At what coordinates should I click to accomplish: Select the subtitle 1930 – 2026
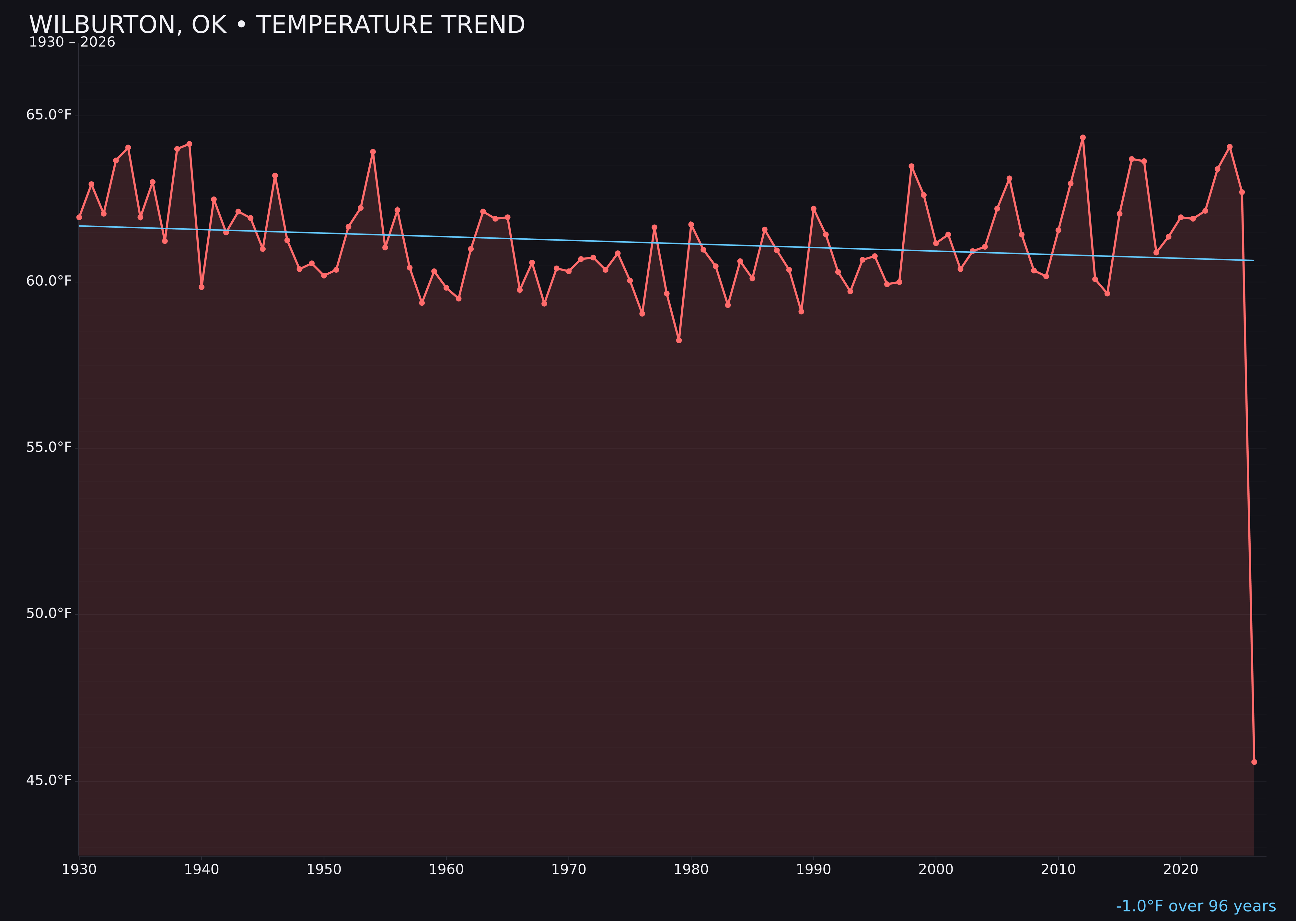tap(72, 42)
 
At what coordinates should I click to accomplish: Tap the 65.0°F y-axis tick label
tap(49, 115)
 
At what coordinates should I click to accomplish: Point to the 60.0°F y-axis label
tap(49, 281)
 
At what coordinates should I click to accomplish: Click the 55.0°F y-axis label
tap(49, 448)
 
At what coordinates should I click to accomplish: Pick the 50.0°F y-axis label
tap(49, 614)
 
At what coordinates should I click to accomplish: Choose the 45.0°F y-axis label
tap(49, 780)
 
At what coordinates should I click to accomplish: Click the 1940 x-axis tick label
tap(202, 870)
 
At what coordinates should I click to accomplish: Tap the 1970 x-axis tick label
tap(569, 870)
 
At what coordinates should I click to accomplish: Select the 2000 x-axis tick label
tap(936, 870)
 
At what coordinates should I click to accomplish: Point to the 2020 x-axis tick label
tap(1180, 870)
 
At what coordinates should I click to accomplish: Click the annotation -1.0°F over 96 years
tap(1196, 906)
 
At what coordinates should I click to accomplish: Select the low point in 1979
tap(679, 340)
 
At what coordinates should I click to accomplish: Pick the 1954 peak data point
tap(373, 152)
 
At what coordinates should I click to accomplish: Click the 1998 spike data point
tap(911, 166)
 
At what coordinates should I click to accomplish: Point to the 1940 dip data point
tap(202, 287)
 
